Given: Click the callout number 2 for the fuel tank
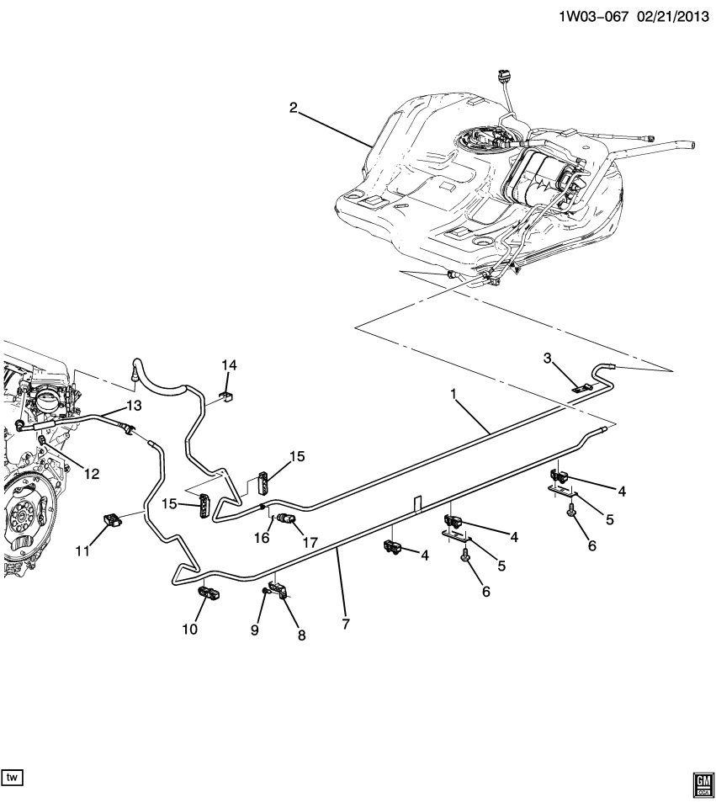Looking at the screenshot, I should click(x=293, y=108).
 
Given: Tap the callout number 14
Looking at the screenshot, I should click(x=229, y=364).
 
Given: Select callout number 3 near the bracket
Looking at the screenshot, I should click(x=547, y=359).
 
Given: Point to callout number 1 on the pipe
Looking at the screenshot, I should click(x=456, y=394).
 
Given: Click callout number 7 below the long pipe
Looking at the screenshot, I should click(x=345, y=624).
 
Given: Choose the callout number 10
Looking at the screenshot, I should click(x=190, y=629).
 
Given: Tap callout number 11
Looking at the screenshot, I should click(x=82, y=551).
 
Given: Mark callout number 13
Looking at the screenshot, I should click(x=133, y=406).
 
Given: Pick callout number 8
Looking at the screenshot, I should click(x=300, y=635).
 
